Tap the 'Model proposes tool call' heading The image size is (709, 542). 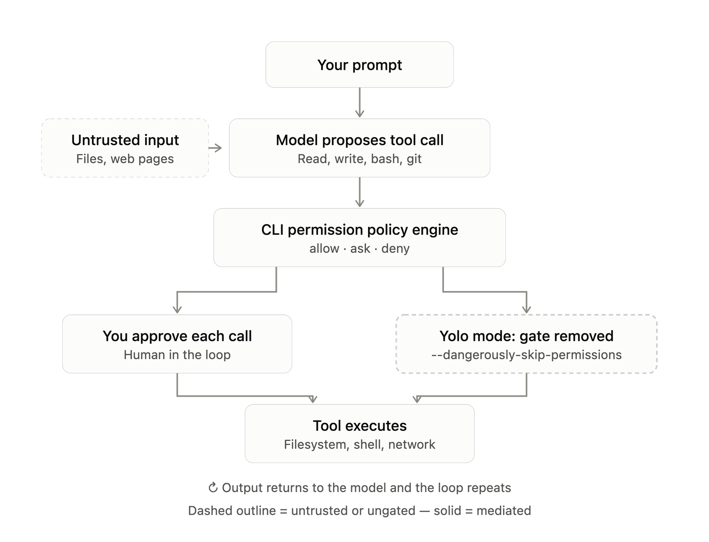pos(359,140)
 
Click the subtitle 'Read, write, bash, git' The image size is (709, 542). pos(359,159)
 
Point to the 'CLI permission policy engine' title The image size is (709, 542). pos(359,230)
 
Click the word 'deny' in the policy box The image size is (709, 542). pos(395,248)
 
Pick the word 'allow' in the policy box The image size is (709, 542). pos(324,248)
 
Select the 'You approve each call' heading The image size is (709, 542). pos(177,336)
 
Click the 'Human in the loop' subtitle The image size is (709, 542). pos(177,355)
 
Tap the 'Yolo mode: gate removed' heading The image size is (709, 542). pos(526,336)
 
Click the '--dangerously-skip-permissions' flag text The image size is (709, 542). pos(526,355)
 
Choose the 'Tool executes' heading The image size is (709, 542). pos(359,426)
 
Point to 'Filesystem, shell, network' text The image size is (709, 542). pos(359,445)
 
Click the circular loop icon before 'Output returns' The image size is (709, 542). pos(213,488)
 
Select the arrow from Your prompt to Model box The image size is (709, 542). pos(359,102)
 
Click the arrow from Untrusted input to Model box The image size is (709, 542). pos(215,148)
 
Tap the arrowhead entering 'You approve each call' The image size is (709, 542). pos(177,309)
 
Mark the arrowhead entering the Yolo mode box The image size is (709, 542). pos(526,309)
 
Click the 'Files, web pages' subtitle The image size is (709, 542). pos(125,159)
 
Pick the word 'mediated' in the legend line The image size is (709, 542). pos(504,511)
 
